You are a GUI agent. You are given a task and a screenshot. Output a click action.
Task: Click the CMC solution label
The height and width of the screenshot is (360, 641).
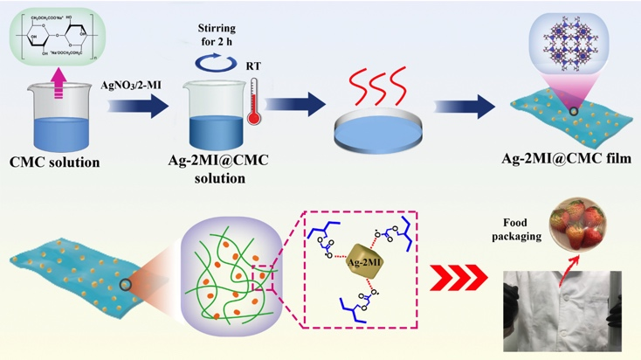pyautogui.click(x=55, y=162)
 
